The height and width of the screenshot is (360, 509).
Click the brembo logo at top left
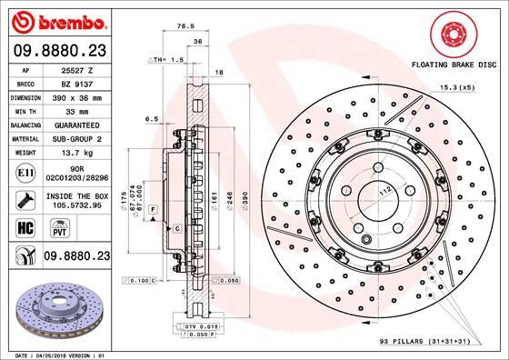point(57,20)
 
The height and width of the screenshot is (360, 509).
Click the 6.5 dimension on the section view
point(152,117)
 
